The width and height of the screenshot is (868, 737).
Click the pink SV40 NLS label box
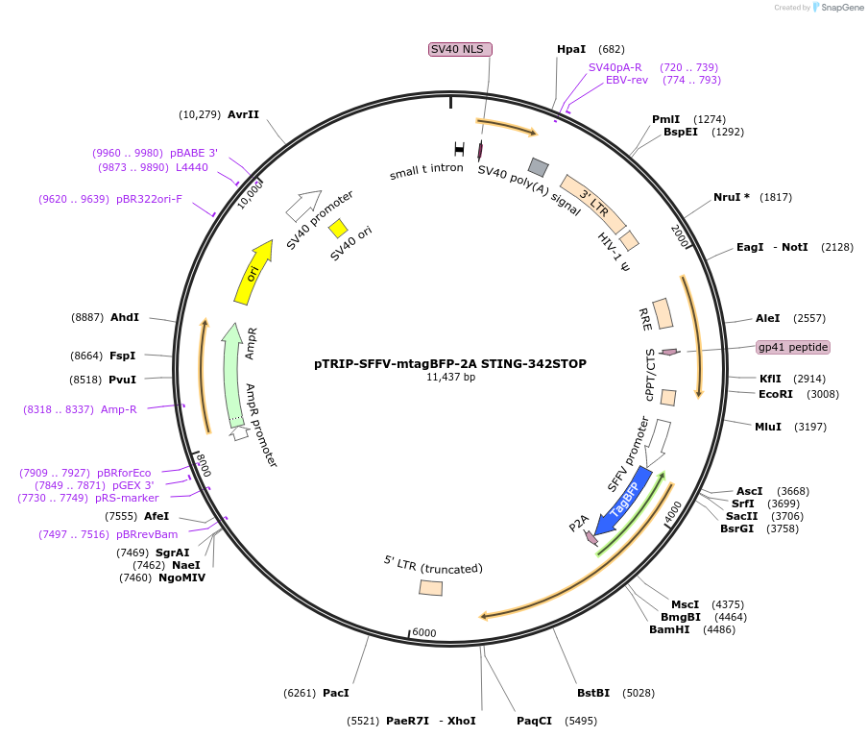(460, 49)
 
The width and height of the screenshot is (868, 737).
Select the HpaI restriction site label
(570, 49)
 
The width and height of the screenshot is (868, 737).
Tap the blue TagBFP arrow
(624, 502)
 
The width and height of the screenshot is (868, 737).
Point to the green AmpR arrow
(231, 375)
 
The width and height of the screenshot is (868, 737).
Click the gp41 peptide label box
(792, 347)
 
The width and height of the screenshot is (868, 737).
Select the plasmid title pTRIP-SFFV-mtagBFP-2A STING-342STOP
(450, 364)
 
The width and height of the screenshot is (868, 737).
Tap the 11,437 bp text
(450, 378)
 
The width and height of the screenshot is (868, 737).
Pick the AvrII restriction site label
(243, 114)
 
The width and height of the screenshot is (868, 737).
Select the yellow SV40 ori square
(338, 228)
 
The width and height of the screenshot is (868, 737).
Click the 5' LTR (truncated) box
(431, 587)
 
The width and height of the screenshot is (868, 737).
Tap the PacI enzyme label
(336, 693)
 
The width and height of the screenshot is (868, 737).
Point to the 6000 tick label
(423, 633)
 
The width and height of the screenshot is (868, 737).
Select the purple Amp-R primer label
(119, 409)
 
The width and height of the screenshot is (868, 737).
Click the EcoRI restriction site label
(776, 394)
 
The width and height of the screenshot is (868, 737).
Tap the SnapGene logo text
(840, 8)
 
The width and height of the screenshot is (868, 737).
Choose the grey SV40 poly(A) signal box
(539, 167)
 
